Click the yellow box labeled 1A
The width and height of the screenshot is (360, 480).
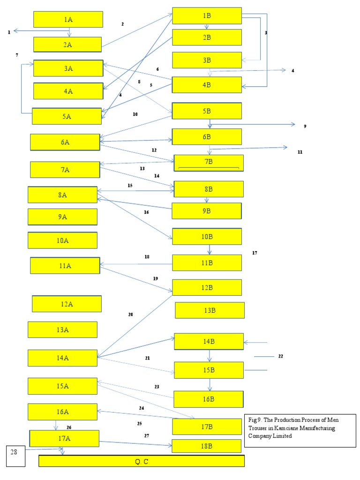pyautogui.click(x=68, y=19)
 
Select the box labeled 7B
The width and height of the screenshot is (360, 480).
pyautogui.click(x=209, y=162)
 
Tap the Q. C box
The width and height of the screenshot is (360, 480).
pyautogui.click(x=141, y=461)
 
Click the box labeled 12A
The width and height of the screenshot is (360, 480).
pyautogui.click(x=67, y=304)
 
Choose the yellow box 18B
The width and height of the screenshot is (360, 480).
pyautogui.click(x=206, y=446)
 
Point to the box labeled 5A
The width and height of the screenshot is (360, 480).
pyautogui.click(x=67, y=116)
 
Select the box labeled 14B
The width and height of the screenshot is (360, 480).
pyautogui.click(x=209, y=341)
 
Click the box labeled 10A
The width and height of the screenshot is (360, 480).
pyautogui.click(x=63, y=240)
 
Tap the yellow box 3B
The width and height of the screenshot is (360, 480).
pyautogui.click(x=207, y=60)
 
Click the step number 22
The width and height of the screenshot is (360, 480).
pyautogui.click(x=281, y=356)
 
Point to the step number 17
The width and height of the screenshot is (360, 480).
pyautogui.click(x=255, y=253)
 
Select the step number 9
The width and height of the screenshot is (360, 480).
pyautogui.click(x=305, y=126)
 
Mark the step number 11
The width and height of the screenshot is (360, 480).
pyautogui.click(x=300, y=152)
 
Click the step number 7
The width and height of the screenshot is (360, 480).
pyautogui.click(x=17, y=55)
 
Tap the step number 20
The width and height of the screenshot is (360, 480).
pyautogui.click(x=130, y=315)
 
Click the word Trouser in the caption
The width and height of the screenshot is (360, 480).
pyautogui.click(x=258, y=428)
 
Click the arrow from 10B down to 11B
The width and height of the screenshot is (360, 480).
pyautogui.click(x=209, y=249)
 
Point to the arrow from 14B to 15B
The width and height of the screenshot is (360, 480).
pyautogui.click(x=210, y=355)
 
